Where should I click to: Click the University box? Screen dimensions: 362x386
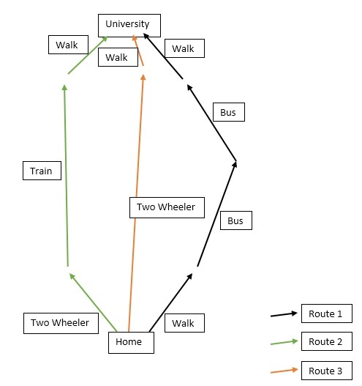(129, 26)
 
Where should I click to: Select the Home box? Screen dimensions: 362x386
(131, 343)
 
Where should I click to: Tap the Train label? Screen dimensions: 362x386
(42, 171)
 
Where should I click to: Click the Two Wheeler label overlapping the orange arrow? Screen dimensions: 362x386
(167, 207)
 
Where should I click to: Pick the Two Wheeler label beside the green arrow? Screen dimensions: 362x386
(61, 323)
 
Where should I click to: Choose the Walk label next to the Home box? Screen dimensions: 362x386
(184, 323)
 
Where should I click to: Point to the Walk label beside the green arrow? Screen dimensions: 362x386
(68, 45)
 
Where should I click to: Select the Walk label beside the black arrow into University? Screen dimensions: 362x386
(184, 48)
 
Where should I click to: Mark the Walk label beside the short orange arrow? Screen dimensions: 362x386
(118, 57)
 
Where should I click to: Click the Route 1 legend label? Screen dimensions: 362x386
(327, 313)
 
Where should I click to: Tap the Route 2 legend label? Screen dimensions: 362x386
(327, 341)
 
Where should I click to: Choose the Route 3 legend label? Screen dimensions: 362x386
(327, 371)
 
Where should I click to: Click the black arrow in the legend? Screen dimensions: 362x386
(284, 314)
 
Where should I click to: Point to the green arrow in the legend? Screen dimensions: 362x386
(284, 343)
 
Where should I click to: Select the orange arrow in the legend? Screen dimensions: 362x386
(284, 371)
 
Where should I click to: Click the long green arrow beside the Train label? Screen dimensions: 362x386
(66, 176)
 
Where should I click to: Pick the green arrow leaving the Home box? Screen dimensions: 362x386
(93, 303)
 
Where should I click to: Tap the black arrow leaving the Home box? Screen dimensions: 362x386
(171, 303)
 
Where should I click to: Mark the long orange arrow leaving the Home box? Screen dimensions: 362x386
(136, 203)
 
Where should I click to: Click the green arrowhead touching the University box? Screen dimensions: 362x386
(105, 39)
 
